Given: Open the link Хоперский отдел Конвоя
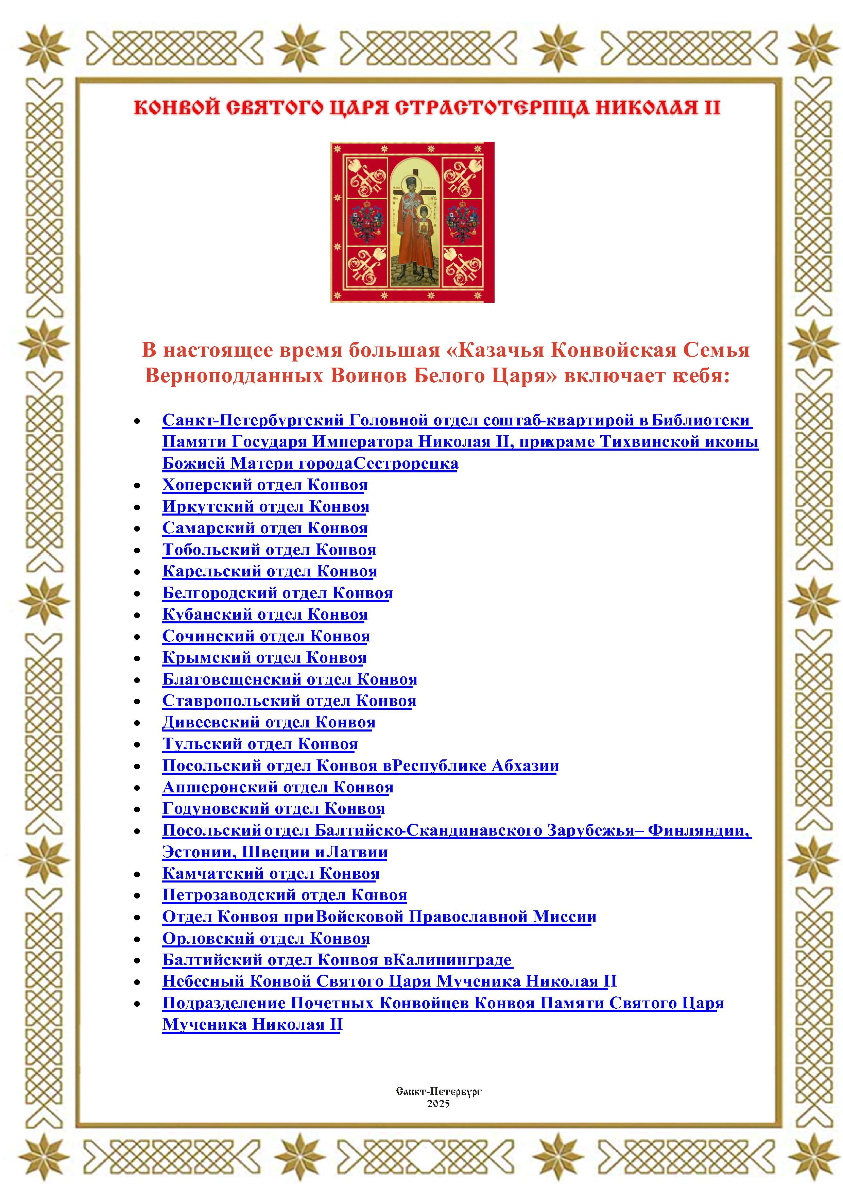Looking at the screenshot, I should (x=264, y=485).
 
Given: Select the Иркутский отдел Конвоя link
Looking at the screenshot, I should (x=265, y=507).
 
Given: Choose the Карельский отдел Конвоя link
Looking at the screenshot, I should (x=269, y=572).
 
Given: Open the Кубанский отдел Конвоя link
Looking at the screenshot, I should (x=264, y=615).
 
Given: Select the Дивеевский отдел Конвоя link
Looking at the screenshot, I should (x=269, y=723).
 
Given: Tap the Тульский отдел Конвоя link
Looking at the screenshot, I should (x=260, y=744).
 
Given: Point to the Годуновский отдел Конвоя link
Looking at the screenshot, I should (x=273, y=809).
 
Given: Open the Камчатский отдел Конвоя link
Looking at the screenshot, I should (x=271, y=874).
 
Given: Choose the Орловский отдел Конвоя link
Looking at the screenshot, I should (x=266, y=939).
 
